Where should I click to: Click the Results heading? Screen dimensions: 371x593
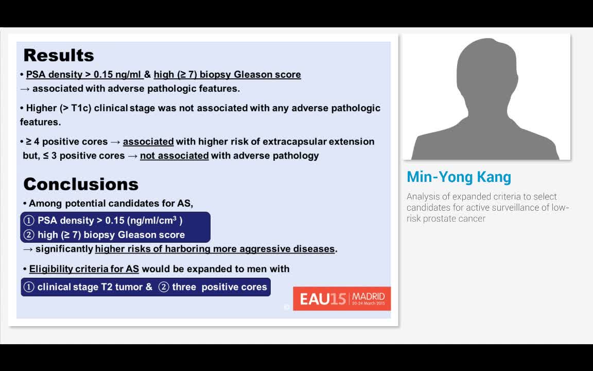[x=59, y=55]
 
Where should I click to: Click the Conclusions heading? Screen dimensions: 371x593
[x=81, y=184]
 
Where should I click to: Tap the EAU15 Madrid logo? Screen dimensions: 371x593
[x=342, y=299]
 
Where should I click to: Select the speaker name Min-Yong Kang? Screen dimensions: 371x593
[x=459, y=177]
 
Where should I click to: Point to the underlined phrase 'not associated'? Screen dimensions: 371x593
[x=174, y=156]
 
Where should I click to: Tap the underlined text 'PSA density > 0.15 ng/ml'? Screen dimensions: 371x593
[x=84, y=75]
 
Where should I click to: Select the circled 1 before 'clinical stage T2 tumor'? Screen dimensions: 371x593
[x=29, y=287]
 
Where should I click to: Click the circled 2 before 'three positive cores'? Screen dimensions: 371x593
[x=164, y=287]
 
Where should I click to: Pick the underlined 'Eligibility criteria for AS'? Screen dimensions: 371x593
[x=84, y=269]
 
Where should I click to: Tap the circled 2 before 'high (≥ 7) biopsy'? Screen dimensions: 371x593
[x=29, y=235]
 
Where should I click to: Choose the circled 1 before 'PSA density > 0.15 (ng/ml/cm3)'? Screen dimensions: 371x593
[x=29, y=221]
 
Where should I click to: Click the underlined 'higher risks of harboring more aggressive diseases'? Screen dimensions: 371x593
[x=215, y=249]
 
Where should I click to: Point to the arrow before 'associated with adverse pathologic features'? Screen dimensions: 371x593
[x=25, y=89]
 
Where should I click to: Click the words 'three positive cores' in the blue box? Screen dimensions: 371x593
[x=220, y=287]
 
